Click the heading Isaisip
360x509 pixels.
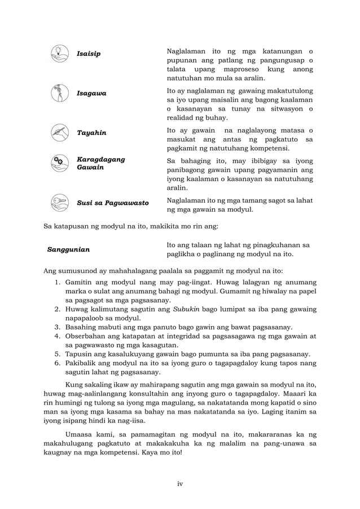(89, 54)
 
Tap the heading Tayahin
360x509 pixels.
(91, 134)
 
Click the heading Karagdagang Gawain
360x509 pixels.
(100, 164)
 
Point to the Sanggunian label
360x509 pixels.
(72, 249)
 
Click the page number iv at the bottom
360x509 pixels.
(180, 484)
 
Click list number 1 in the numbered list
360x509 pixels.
(58, 281)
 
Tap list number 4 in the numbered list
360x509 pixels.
(58, 337)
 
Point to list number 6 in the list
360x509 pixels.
(58, 364)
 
